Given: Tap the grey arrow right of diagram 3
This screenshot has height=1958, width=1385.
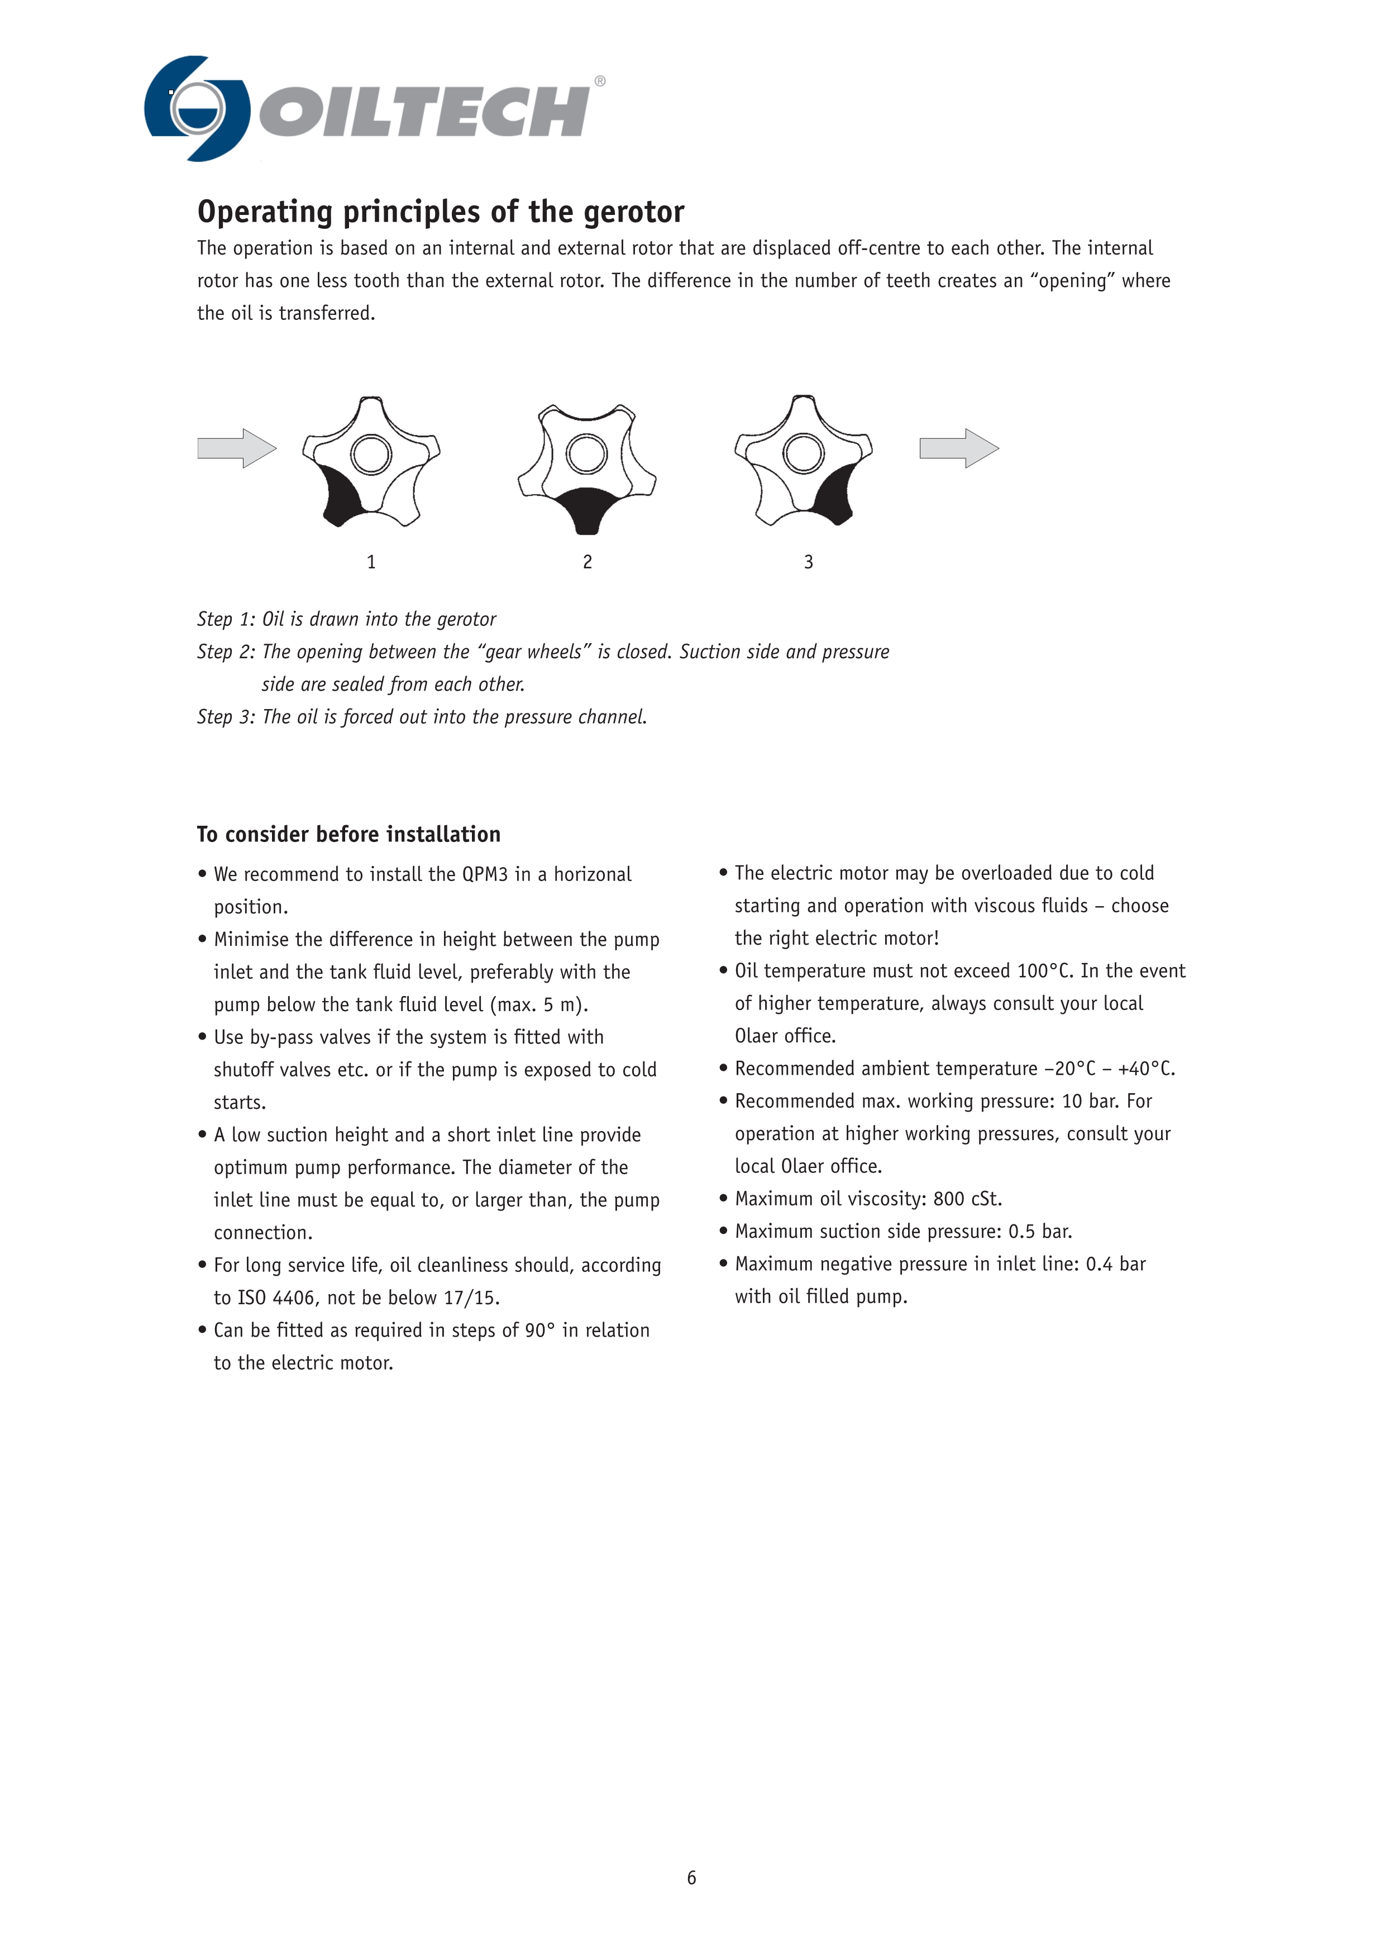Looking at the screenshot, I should (x=958, y=448).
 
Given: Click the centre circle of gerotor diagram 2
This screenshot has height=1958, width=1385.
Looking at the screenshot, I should (x=587, y=454).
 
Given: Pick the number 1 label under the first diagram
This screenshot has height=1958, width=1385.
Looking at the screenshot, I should (x=371, y=562).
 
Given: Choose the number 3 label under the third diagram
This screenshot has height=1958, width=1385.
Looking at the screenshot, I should (x=809, y=562).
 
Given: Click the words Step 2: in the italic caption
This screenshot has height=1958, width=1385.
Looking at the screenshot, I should (x=226, y=652).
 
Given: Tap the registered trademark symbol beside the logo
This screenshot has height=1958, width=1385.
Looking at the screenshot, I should (x=600, y=81).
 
